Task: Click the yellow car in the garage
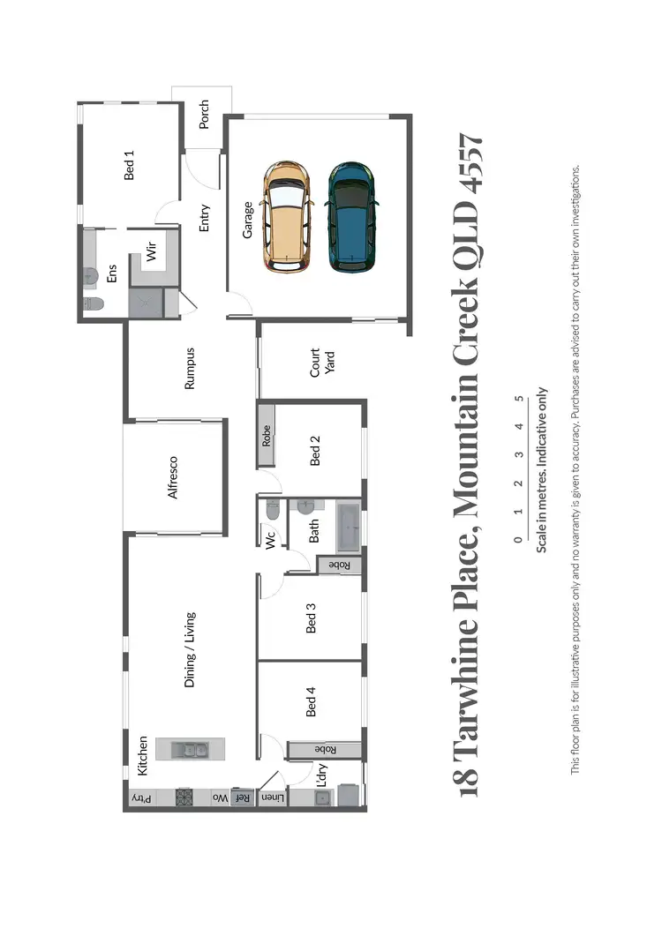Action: (287, 216)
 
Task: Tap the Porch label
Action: (204, 115)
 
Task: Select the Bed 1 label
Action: (130, 166)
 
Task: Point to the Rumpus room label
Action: (189, 369)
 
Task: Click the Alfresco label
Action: (173, 477)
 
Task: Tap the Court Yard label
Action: (321, 363)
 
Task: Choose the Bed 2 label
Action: (315, 454)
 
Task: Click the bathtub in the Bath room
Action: (347, 528)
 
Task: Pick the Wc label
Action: (271, 537)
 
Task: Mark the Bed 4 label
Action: (311, 705)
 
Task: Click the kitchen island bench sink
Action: (191, 751)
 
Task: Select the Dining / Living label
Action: (189, 650)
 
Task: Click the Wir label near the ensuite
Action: (151, 254)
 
